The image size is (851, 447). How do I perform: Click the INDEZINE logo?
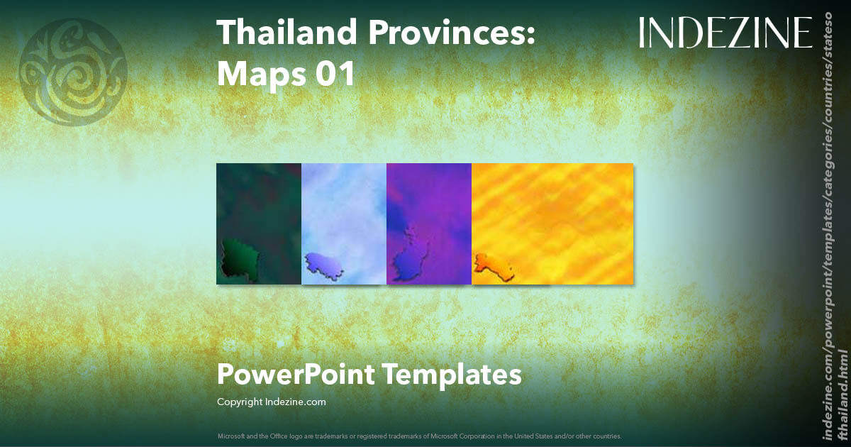725,33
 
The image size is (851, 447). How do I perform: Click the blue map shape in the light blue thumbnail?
326,265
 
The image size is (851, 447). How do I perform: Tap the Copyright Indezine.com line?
271,402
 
